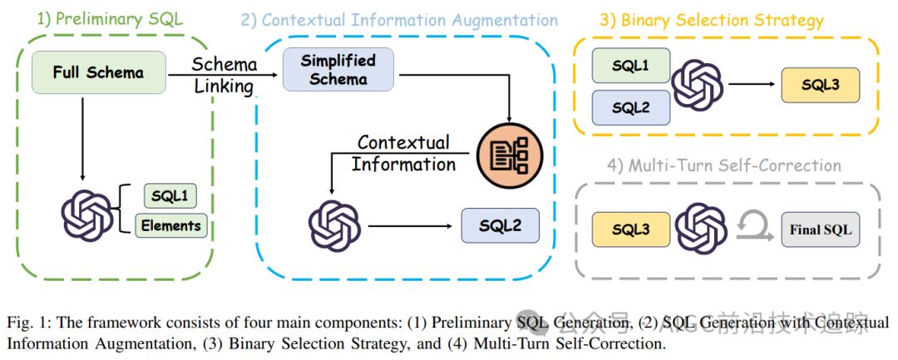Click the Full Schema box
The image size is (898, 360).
(98, 72)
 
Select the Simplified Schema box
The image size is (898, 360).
(338, 70)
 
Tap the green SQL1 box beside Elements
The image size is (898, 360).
(170, 196)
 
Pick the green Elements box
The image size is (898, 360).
(170, 224)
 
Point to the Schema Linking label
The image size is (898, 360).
(223, 75)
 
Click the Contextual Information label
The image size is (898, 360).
(403, 153)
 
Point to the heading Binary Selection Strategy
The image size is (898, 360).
(711, 20)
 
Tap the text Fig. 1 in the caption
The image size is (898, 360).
(27, 322)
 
